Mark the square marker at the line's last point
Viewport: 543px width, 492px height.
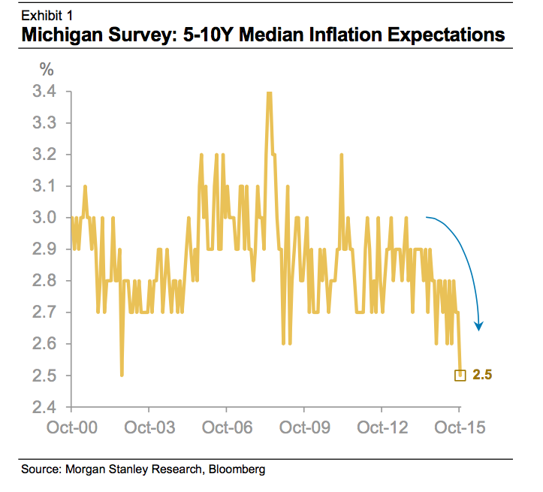click(460, 376)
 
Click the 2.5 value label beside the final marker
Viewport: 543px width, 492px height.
click(482, 375)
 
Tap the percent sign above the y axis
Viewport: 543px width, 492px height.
click(47, 71)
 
